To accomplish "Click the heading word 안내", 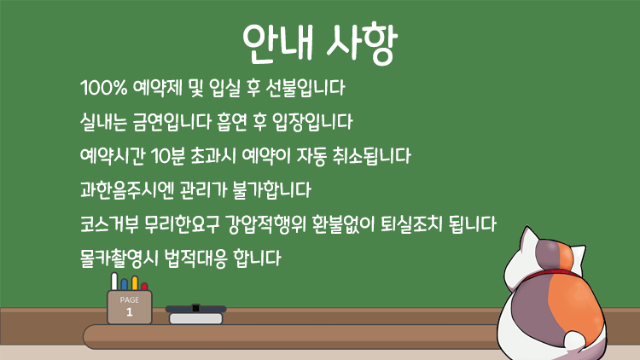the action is [278, 43].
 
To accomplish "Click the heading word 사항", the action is [362, 43].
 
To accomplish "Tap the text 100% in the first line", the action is [103, 88].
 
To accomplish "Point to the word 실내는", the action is [103, 122].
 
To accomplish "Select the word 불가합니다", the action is [272, 189].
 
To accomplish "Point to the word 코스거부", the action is [109, 224].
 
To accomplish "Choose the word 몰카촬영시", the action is [119, 258].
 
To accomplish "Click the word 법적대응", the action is [196, 258].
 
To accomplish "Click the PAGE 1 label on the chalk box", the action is [130, 306].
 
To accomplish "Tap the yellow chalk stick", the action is [135, 283].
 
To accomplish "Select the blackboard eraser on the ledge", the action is [196, 315].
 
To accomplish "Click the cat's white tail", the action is [574, 341].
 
